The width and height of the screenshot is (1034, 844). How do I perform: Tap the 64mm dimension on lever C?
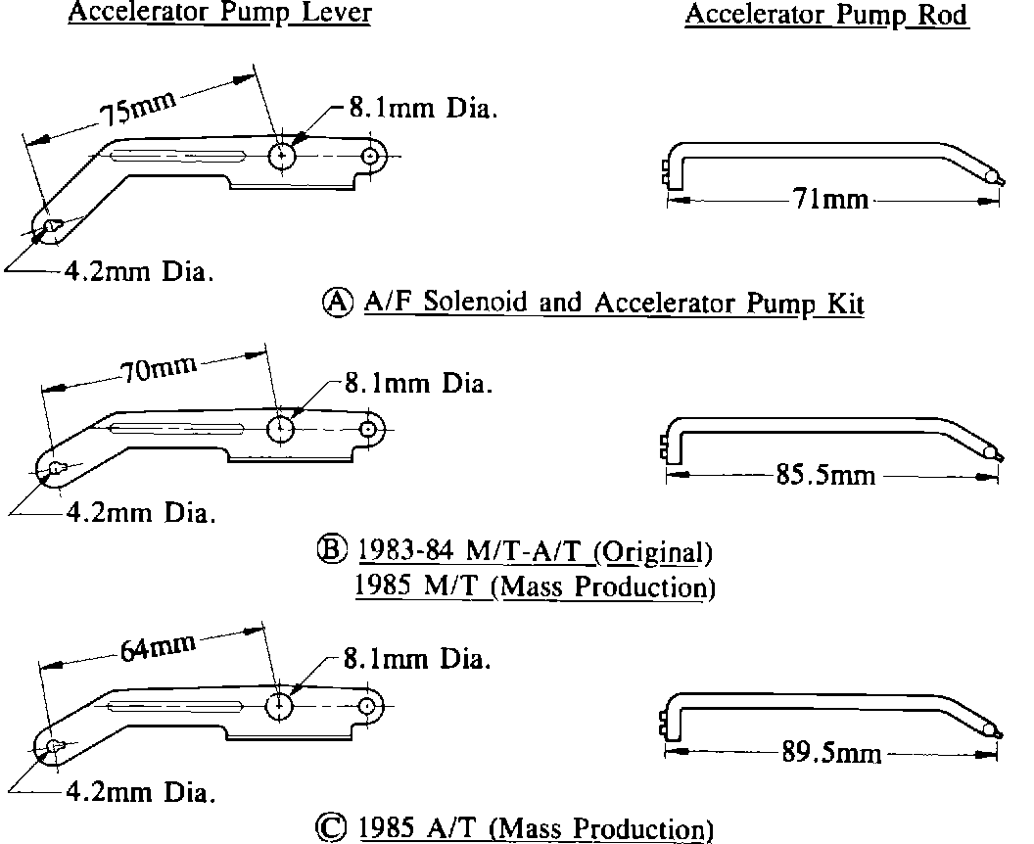tap(157, 647)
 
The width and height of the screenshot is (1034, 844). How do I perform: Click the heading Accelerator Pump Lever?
tap(220, 16)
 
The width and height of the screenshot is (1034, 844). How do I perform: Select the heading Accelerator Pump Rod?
tap(826, 16)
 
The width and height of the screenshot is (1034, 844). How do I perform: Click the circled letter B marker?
tap(338, 550)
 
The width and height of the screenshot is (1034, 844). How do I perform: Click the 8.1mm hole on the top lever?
tap(282, 156)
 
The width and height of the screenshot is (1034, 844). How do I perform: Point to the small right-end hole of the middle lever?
tap(369, 428)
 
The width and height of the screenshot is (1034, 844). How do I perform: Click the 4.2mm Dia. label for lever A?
tap(138, 271)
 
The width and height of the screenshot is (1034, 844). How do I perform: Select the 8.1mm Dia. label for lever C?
tap(415, 659)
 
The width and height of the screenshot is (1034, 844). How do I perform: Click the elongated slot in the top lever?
tap(176, 156)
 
